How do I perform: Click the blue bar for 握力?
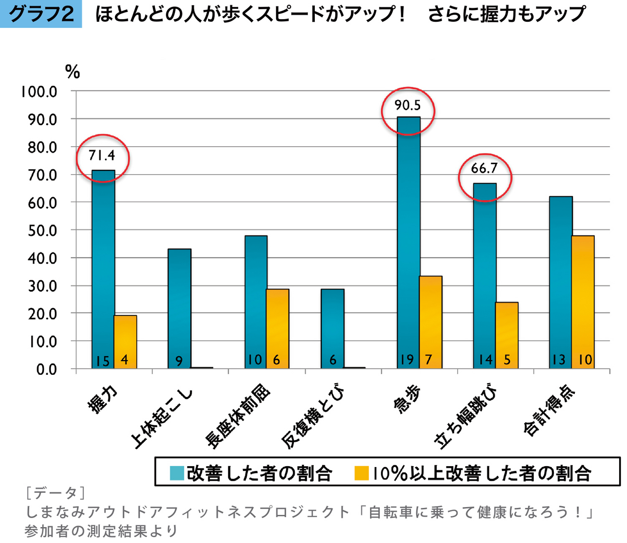click(103, 267)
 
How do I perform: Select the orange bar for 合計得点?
click(583, 301)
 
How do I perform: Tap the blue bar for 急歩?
click(408, 242)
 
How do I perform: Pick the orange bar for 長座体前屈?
click(278, 328)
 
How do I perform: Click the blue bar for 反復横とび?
click(332, 328)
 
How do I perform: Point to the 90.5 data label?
click(408, 105)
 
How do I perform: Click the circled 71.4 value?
click(102, 155)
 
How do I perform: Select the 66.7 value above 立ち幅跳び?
click(484, 168)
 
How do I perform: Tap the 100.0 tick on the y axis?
click(39, 92)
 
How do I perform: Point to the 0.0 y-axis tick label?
click(46, 370)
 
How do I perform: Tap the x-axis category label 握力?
click(102, 399)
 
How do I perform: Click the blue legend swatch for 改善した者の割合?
click(177, 473)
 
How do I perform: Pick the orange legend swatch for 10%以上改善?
click(361, 473)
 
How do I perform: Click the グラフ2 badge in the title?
click(41, 14)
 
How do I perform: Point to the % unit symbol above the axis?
click(72, 72)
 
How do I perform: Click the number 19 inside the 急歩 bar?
click(406, 360)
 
